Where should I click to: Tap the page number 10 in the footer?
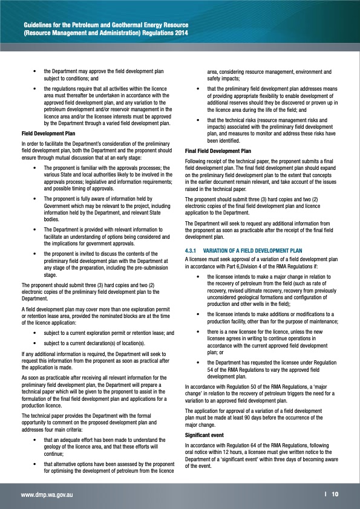(x=335, y=494)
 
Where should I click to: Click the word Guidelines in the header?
(x=39, y=24)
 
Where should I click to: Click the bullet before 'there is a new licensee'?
(x=200, y=332)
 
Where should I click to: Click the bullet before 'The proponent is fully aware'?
(x=38, y=198)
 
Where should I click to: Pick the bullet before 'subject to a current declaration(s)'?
(x=38, y=342)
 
